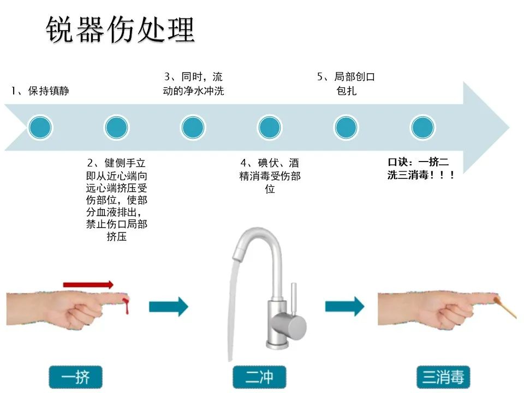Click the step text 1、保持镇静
(x=40, y=91)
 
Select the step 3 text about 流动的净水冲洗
(x=193, y=84)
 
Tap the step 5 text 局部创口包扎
(x=346, y=84)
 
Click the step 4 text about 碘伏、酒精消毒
(x=270, y=176)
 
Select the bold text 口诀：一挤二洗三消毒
(x=421, y=169)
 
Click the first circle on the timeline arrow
(x=40, y=127)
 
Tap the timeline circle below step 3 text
(x=193, y=127)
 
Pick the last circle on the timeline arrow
(x=422, y=127)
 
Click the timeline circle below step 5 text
(x=346, y=127)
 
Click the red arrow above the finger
(x=88, y=284)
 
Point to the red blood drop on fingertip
(x=126, y=306)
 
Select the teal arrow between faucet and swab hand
(x=344, y=306)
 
